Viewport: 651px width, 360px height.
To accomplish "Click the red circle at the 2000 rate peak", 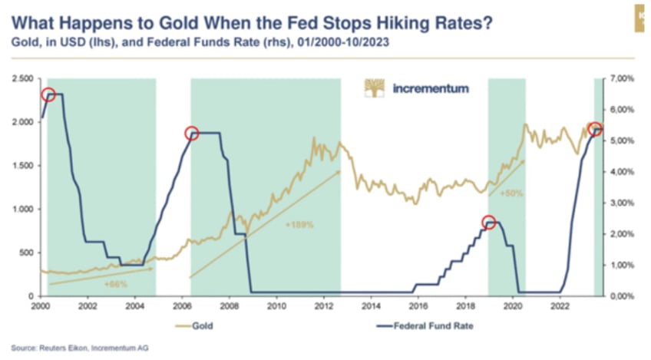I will (x=48, y=94).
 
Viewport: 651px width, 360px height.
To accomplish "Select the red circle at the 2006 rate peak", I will (x=192, y=134).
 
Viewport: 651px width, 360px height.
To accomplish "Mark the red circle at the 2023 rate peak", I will (x=593, y=129).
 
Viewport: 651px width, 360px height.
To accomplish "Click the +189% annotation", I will (x=299, y=225).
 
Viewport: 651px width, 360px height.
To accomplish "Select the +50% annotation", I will (x=511, y=193).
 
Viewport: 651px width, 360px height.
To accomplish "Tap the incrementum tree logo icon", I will (x=374, y=88).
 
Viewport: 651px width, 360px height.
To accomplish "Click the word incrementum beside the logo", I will (x=430, y=88).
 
